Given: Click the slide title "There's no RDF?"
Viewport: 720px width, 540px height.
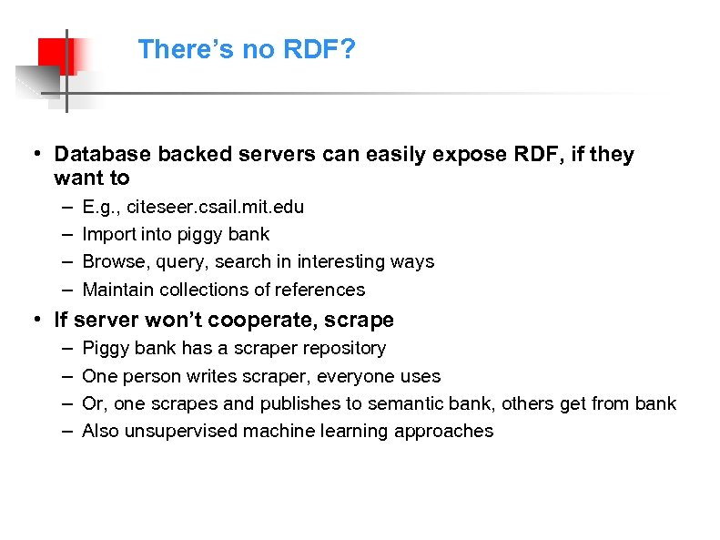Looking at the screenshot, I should coord(246,49).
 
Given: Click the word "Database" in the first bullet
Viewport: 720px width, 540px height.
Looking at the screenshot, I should coord(103,155).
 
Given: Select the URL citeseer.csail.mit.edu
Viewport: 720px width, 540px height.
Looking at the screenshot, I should coord(215,207).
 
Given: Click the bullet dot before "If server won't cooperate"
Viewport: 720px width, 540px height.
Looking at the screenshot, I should coord(34,320).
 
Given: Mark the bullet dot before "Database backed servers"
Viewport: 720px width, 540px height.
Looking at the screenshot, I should coord(34,155).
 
